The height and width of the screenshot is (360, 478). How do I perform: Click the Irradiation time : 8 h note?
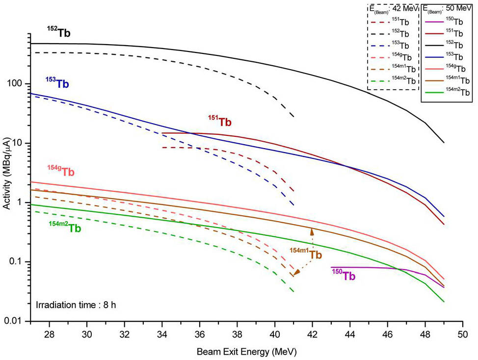pyautogui.click(x=75, y=305)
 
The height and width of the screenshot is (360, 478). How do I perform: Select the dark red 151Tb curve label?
pyautogui.click(x=219, y=122)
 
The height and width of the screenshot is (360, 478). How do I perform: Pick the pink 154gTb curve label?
pyautogui.click(x=61, y=172)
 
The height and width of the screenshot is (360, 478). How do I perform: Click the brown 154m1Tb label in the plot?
pyautogui.click(x=305, y=254)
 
